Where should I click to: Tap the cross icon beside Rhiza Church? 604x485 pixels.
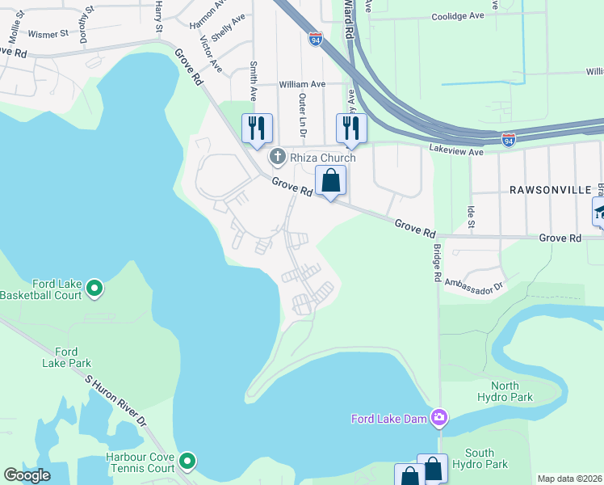(x=277, y=156)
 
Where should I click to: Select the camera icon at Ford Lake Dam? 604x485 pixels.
(x=438, y=417)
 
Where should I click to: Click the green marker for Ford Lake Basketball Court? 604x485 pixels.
(x=94, y=287)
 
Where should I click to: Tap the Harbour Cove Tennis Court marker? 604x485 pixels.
(x=187, y=461)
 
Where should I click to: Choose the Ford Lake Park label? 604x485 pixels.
(x=67, y=357)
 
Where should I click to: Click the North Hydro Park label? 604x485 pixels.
(x=505, y=391)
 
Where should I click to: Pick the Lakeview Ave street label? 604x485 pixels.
(x=456, y=150)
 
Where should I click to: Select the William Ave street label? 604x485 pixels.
(x=301, y=83)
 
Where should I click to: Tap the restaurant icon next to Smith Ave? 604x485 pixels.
(x=257, y=129)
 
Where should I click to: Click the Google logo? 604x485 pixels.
(x=27, y=475)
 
